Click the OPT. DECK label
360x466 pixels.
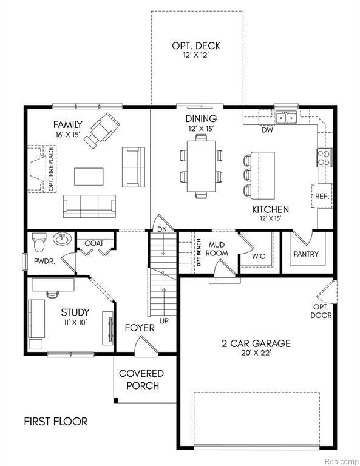(195, 46)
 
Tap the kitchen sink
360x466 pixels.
(285, 117)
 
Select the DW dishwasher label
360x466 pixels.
(267, 130)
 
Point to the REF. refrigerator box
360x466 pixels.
(321, 196)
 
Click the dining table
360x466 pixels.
(200, 165)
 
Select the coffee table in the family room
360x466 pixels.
(89, 176)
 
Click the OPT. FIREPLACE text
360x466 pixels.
(51, 168)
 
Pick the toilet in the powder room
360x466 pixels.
(39, 242)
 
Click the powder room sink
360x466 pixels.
(61, 239)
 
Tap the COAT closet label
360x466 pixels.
(94, 243)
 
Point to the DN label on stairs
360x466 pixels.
(163, 230)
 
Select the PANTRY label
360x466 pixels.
(306, 254)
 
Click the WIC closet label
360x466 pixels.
(259, 256)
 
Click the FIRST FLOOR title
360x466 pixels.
(56, 421)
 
